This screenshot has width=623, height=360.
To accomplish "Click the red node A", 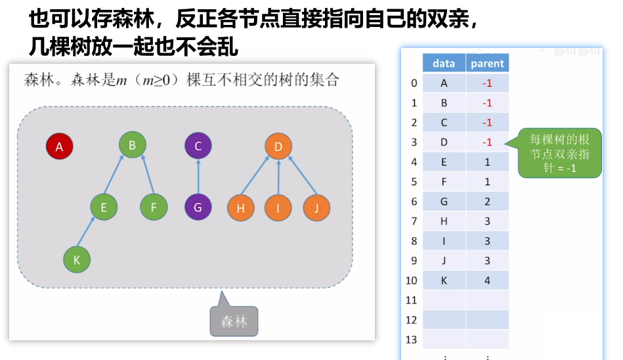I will (x=59, y=146).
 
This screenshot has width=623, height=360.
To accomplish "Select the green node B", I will (x=132, y=145).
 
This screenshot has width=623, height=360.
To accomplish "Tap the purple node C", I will (x=198, y=146).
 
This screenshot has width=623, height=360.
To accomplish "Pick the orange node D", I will (x=278, y=146).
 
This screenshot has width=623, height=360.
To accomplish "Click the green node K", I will (x=77, y=259).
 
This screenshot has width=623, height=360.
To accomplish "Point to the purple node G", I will (x=198, y=208).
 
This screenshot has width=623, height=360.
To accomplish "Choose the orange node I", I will (x=278, y=208).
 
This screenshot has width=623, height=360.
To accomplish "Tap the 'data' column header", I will (x=444, y=63).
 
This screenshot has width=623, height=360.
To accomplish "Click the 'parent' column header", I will (x=487, y=63).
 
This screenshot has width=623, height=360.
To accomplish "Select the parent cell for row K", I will (x=487, y=281).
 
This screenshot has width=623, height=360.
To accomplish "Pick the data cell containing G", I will (x=444, y=202).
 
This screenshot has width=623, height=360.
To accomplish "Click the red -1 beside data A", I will (x=487, y=83).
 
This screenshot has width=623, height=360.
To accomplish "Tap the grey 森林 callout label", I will (x=234, y=322).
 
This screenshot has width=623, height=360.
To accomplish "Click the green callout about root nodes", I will (x=560, y=152).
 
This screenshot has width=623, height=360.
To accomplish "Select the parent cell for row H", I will (x=487, y=221).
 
